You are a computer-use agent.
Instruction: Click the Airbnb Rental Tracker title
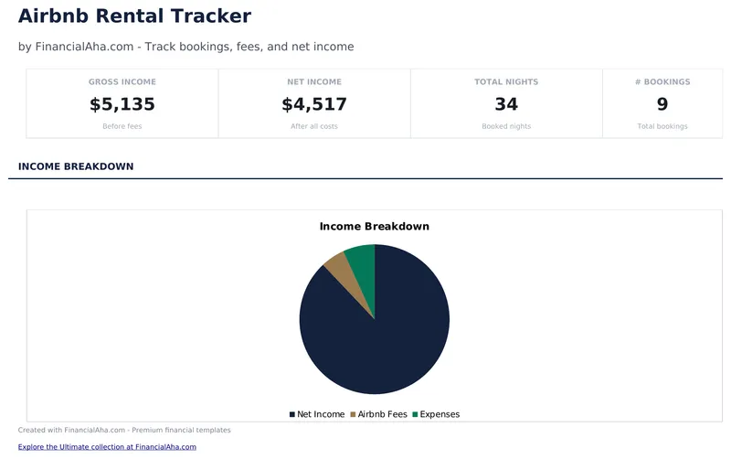(x=134, y=16)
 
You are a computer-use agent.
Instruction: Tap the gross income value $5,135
(x=122, y=104)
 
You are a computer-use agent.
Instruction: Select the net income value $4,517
(x=314, y=104)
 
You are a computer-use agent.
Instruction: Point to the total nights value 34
(x=506, y=104)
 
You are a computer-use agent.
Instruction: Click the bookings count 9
(x=662, y=104)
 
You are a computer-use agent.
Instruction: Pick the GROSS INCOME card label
(x=122, y=82)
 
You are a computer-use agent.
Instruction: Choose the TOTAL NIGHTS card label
(x=506, y=82)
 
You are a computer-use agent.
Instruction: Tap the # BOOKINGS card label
(x=662, y=82)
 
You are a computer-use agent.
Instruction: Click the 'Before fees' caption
(x=122, y=126)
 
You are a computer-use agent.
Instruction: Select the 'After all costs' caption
(x=314, y=126)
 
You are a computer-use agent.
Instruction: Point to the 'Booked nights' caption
(x=506, y=126)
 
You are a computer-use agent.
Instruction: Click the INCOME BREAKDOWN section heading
(x=76, y=166)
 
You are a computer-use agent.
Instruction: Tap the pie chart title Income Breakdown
(x=374, y=226)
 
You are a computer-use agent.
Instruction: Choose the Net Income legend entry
(x=317, y=414)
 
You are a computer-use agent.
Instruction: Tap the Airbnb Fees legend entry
(x=378, y=414)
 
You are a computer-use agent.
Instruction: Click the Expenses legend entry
(x=436, y=414)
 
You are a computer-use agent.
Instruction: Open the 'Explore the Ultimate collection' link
(x=107, y=447)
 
